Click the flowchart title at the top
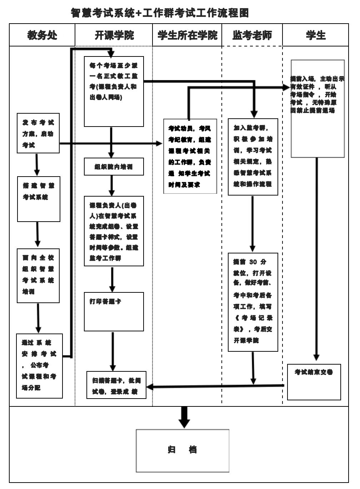click(x=160, y=13)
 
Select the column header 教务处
click(x=42, y=35)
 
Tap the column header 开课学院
click(x=114, y=35)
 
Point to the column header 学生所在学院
click(x=187, y=35)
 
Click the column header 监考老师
click(x=252, y=35)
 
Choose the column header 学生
click(x=316, y=35)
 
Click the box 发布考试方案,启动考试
click(x=38, y=133)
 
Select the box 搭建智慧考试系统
click(x=39, y=199)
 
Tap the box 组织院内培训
click(x=114, y=167)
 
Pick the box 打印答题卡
click(x=114, y=311)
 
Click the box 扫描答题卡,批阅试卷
click(x=116, y=385)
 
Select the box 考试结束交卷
click(x=314, y=382)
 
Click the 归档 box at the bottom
click(x=182, y=450)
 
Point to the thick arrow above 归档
click(x=184, y=417)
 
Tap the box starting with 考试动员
click(x=190, y=156)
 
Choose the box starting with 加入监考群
click(x=253, y=157)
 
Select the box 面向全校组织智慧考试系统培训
click(x=38, y=276)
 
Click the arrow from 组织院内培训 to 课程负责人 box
click(x=112, y=185)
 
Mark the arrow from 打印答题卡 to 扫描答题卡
click(x=113, y=351)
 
